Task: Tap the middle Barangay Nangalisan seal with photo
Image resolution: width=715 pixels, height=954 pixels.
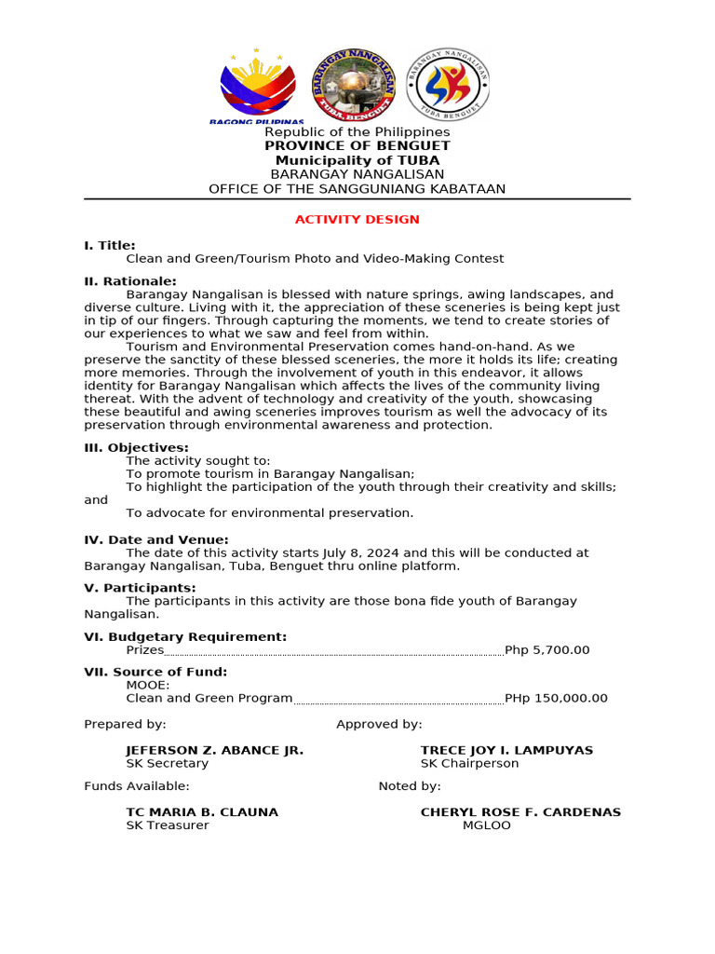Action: [x=353, y=86]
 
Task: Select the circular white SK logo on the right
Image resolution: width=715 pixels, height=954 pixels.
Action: [x=449, y=85]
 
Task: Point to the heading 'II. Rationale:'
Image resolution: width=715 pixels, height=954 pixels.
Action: [x=130, y=281]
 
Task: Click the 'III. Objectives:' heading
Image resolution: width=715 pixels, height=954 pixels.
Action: [x=136, y=448]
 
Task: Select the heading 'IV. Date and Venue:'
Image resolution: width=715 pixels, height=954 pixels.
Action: [x=155, y=540]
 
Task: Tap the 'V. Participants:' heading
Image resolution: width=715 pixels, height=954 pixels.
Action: [x=140, y=588]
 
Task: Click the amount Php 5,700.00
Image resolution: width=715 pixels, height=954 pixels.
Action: [x=546, y=650]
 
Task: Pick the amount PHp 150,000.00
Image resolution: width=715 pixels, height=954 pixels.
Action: [x=556, y=699]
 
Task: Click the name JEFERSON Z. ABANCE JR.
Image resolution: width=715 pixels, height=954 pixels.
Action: [x=215, y=751]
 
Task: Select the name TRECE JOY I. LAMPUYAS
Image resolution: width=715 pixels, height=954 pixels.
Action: [x=506, y=751]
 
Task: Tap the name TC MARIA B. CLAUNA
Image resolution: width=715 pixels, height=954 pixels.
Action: [x=202, y=812]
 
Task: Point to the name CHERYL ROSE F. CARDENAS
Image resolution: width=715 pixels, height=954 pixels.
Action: [x=520, y=812]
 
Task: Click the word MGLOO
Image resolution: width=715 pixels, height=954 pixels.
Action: [x=487, y=825]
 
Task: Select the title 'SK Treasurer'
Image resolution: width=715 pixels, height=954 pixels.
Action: [x=168, y=825]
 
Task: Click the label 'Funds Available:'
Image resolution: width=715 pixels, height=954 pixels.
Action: [x=137, y=786]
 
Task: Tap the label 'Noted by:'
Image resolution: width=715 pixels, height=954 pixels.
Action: [x=410, y=786]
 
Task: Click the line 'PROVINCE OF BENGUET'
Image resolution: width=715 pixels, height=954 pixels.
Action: [x=357, y=146]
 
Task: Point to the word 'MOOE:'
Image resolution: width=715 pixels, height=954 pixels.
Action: [x=148, y=685]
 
